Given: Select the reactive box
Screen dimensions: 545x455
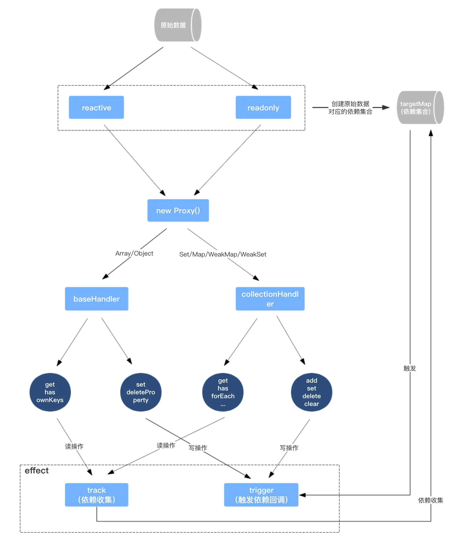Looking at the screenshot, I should point(96,107).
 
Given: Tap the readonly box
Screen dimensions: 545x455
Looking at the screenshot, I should point(263,107).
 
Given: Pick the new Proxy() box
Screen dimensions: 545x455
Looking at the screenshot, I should point(178,210).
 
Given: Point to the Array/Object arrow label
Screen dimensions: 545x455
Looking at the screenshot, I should point(134,253).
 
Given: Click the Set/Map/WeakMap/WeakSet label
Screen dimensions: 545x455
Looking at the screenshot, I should point(223,254).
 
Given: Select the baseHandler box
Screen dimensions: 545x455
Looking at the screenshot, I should point(97,299).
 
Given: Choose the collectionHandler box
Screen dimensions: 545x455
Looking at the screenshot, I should point(270,299).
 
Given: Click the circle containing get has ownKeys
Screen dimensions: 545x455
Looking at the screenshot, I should point(50,392).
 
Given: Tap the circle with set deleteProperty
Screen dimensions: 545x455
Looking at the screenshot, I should point(141,392).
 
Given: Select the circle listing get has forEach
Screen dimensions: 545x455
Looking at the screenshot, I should point(223,392).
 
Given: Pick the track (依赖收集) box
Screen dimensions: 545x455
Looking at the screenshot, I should point(97,495).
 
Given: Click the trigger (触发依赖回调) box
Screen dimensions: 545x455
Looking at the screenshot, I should point(261,495).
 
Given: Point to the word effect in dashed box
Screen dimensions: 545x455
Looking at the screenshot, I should point(37,471).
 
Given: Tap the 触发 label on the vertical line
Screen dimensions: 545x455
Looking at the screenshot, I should point(410,368).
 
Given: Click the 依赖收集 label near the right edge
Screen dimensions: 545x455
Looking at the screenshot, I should point(430,500).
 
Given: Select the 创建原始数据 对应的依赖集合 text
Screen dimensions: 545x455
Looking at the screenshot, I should point(350,108).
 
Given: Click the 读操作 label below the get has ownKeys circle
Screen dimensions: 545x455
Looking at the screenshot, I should point(74,446).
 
